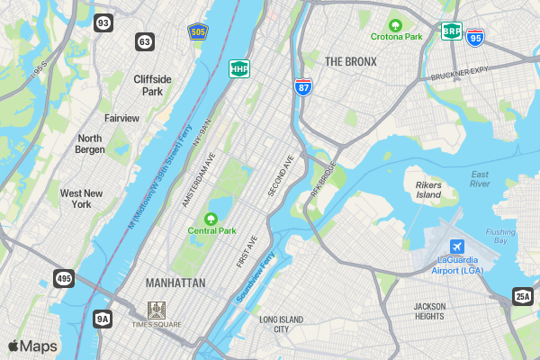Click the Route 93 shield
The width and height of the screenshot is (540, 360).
coord(103,22)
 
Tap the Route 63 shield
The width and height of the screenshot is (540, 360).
coord(145,41)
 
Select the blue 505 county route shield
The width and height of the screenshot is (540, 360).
coord(197,31)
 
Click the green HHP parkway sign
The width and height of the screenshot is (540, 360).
coord(239,68)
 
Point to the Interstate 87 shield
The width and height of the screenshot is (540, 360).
coord(303,86)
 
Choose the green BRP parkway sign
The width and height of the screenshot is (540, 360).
coord(451,31)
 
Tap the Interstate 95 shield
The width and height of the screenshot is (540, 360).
coord(475,37)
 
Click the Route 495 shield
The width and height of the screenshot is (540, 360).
coord(63,279)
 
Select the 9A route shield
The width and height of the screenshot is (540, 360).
coord(103,318)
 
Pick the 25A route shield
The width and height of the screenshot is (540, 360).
coord(523,295)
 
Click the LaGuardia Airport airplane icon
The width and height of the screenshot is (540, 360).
coord(457,247)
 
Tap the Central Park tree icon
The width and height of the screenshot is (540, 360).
coord(211,219)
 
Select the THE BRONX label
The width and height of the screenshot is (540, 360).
coord(350,61)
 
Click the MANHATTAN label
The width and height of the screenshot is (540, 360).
coord(175,283)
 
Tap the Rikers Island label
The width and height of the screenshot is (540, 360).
coord(428,190)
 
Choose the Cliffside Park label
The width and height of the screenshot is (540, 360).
coord(152,85)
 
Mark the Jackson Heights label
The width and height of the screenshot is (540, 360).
coord(429,311)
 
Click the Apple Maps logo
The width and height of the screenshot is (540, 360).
coord(32,346)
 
